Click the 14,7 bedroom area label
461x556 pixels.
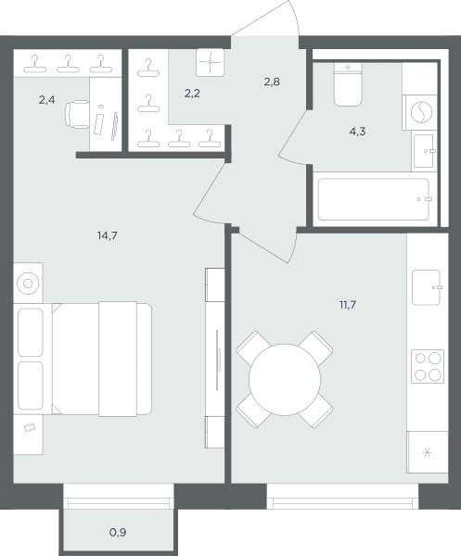(108, 235)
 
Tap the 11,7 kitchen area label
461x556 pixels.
(348, 305)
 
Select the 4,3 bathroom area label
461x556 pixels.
(357, 132)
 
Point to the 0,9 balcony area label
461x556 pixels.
(118, 532)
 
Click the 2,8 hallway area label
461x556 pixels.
(272, 82)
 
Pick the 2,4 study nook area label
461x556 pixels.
(47, 100)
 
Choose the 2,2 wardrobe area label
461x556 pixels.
(192, 94)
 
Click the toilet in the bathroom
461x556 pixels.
(348, 84)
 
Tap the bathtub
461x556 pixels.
(374, 199)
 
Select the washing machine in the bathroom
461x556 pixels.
(421, 112)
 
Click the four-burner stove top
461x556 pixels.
(428, 366)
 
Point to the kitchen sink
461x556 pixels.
(427, 287)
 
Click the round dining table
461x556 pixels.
(285, 379)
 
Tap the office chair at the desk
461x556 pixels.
(77, 114)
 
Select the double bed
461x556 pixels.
(101, 359)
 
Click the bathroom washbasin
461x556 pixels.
(424, 151)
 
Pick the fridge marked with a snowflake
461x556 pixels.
(428, 452)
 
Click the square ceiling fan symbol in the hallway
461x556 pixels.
(211, 62)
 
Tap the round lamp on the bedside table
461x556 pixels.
(28, 284)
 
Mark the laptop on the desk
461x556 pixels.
(98, 124)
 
